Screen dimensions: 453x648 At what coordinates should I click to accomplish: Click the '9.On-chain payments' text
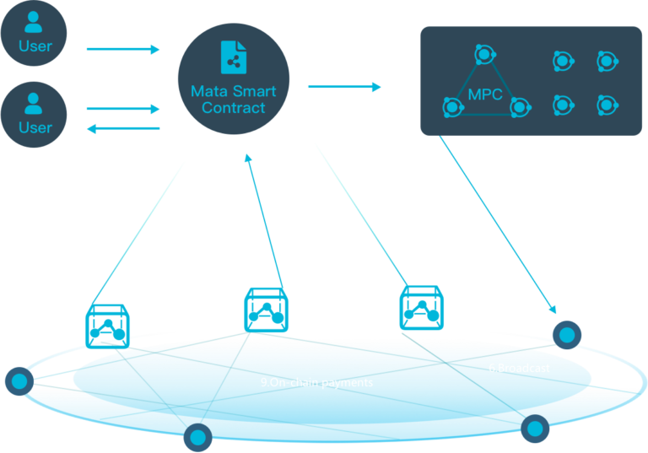316,382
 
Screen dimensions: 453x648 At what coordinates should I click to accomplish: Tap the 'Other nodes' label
251,425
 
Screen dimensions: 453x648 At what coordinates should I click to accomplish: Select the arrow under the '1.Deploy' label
122,50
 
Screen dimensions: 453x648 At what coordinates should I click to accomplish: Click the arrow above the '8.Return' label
123,129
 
